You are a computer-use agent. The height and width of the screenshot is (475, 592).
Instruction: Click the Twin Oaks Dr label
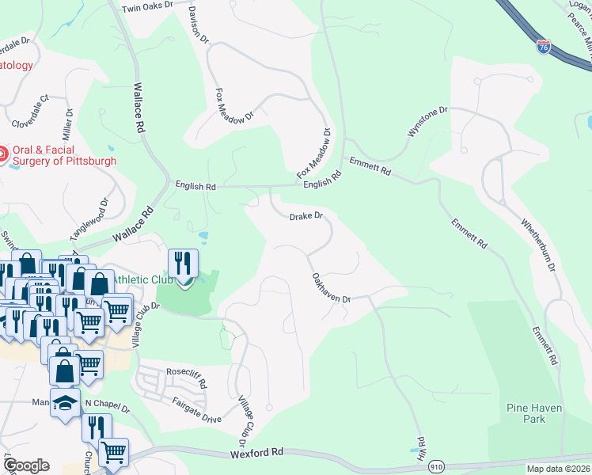click(x=149, y=8)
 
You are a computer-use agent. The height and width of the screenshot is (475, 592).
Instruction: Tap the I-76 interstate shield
click(x=543, y=47)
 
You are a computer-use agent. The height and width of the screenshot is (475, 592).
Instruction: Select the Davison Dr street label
click(x=198, y=25)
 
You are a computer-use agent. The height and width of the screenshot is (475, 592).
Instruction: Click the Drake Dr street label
click(x=305, y=215)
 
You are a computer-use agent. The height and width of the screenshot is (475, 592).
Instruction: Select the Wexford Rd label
click(x=256, y=455)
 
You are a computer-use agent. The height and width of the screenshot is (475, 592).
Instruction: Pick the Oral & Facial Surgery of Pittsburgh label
click(x=63, y=155)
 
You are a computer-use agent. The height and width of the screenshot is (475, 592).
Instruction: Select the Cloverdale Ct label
click(x=30, y=112)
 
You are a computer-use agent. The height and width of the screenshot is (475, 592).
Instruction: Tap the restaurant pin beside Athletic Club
click(x=184, y=264)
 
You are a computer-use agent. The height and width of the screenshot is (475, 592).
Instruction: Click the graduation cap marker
click(x=65, y=401)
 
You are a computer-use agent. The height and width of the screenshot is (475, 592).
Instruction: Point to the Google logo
click(x=25, y=465)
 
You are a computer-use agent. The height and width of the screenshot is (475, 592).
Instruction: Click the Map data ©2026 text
click(x=559, y=469)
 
